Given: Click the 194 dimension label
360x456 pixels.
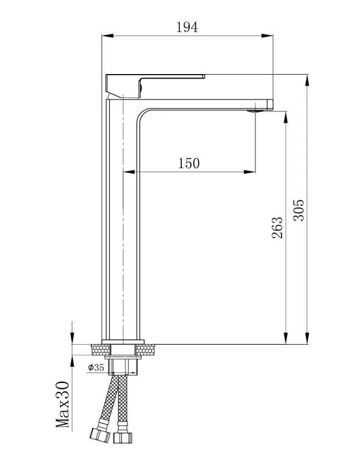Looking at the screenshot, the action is [187, 27].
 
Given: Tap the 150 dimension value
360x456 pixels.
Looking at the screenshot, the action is [189, 163].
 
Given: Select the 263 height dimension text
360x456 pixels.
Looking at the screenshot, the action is [277, 228].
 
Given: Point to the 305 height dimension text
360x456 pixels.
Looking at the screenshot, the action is [298, 210].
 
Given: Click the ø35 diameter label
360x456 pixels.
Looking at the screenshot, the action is [96, 367].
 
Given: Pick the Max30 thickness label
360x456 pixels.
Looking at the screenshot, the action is [63, 405].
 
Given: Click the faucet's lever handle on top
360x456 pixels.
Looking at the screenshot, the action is [155, 86].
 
